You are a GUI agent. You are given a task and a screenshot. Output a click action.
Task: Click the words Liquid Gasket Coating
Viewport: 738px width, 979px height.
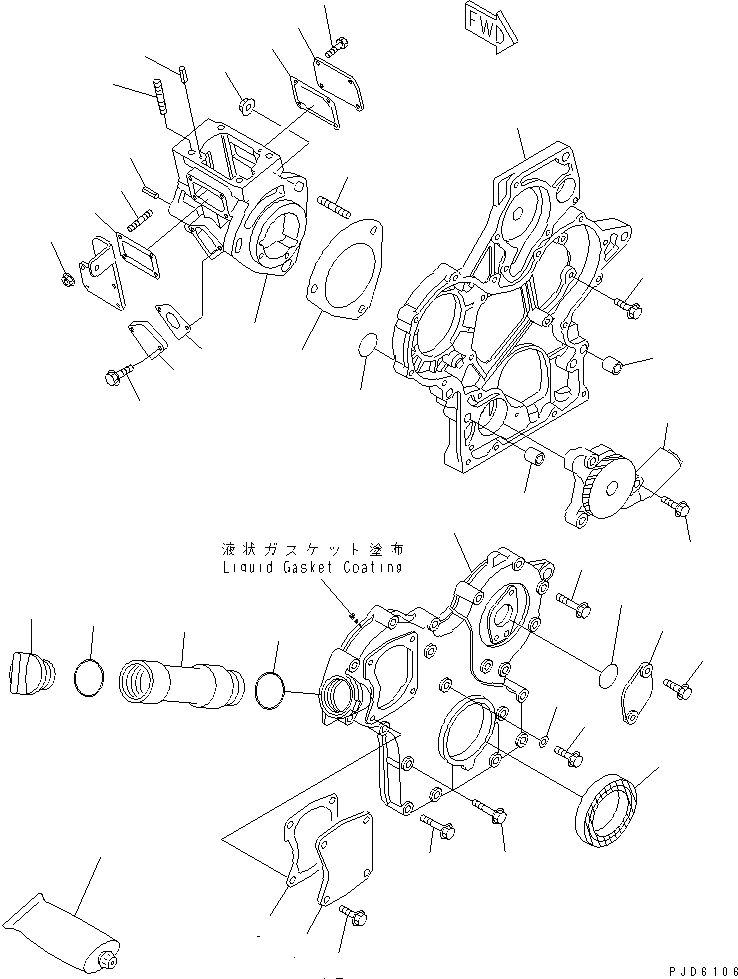(312, 567)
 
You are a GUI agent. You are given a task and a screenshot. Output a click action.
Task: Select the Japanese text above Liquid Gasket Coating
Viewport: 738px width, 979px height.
(312, 550)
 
